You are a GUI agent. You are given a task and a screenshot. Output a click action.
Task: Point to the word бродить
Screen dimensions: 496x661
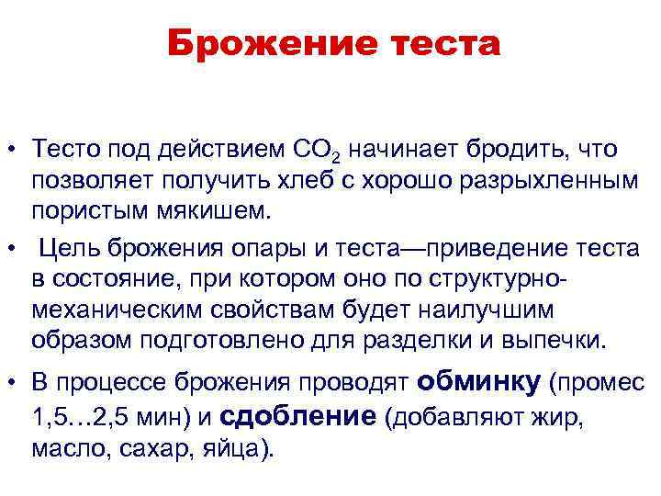pyautogui.click(x=493, y=149)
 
